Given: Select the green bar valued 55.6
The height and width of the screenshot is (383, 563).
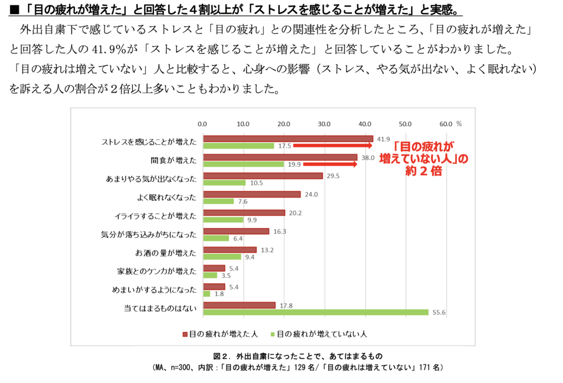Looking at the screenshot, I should coord(316,312).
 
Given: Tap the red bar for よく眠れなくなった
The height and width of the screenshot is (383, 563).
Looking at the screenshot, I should coord(252,194).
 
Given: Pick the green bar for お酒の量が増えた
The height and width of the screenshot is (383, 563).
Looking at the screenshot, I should coord(222,256).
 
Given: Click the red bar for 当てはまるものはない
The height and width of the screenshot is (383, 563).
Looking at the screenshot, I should coord(239,305).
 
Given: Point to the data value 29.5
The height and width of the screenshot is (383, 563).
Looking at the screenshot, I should coord(332,176).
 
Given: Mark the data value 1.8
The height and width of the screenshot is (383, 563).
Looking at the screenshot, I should coord(219,294).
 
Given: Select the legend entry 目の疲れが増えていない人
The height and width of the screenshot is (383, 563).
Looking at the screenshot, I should coord(319,334).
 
